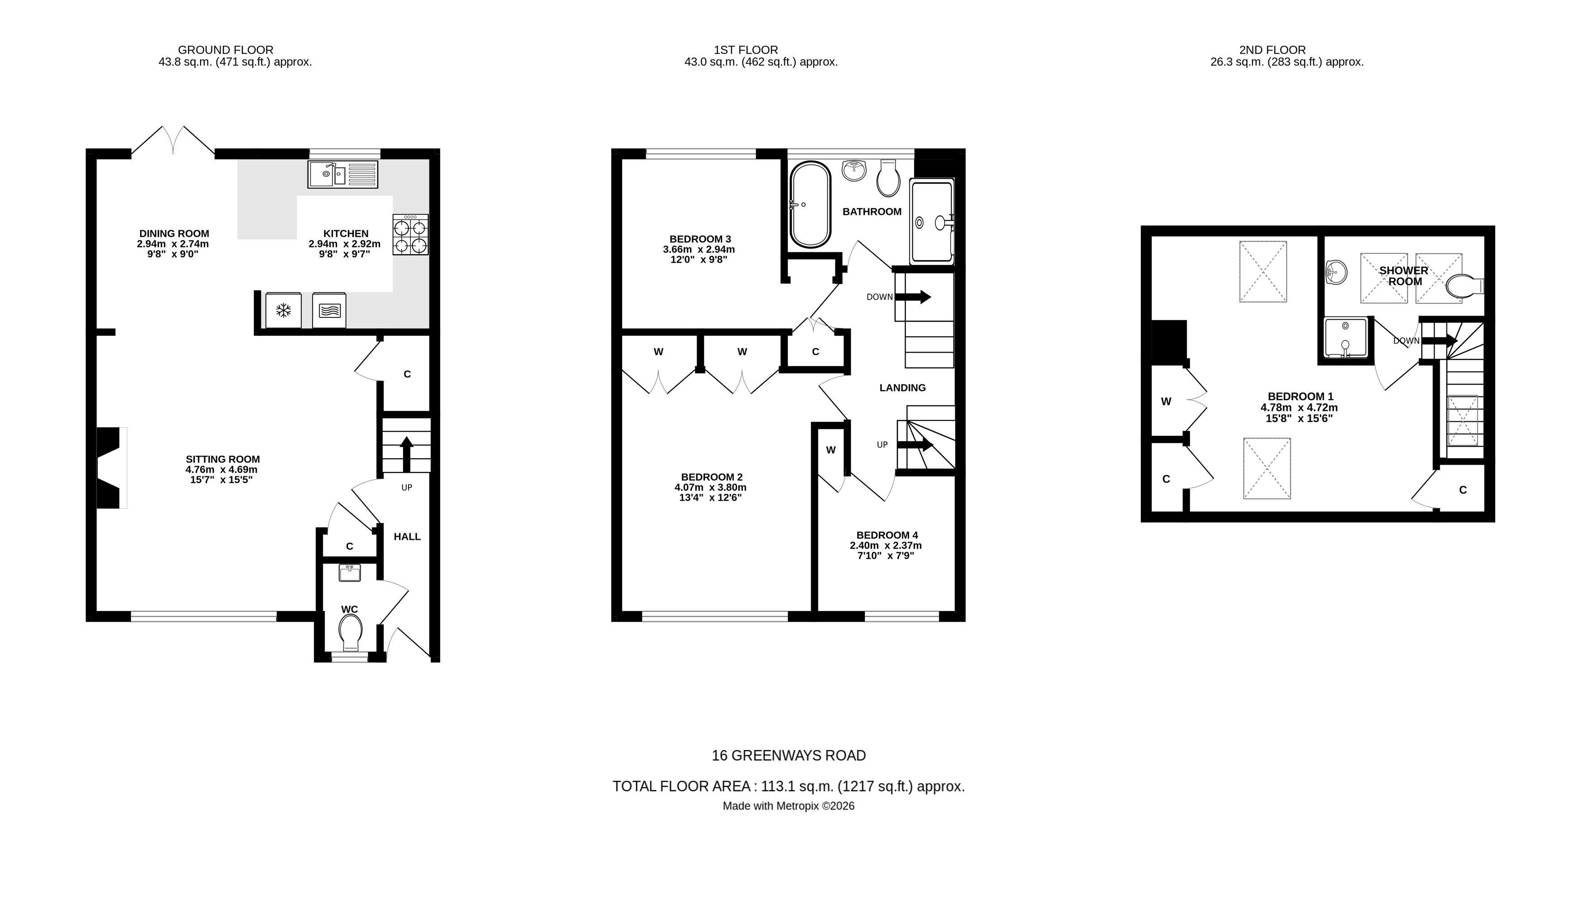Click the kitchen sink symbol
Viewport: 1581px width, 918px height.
[x=342, y=174]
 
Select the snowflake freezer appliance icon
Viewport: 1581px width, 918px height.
[x=284, y=310]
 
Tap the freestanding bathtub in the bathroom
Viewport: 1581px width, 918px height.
[x=810, y=205]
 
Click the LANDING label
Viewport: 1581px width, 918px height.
[x=902, y=387]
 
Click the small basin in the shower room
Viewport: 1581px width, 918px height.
[x=1336, y=273]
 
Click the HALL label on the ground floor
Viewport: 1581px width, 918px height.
[x=407, y=537]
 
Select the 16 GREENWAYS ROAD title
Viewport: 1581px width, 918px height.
[x=788, y=755]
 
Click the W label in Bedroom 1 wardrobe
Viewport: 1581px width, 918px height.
[x=1166, y=401]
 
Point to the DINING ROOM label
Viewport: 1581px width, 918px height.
[x=174, y=233]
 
